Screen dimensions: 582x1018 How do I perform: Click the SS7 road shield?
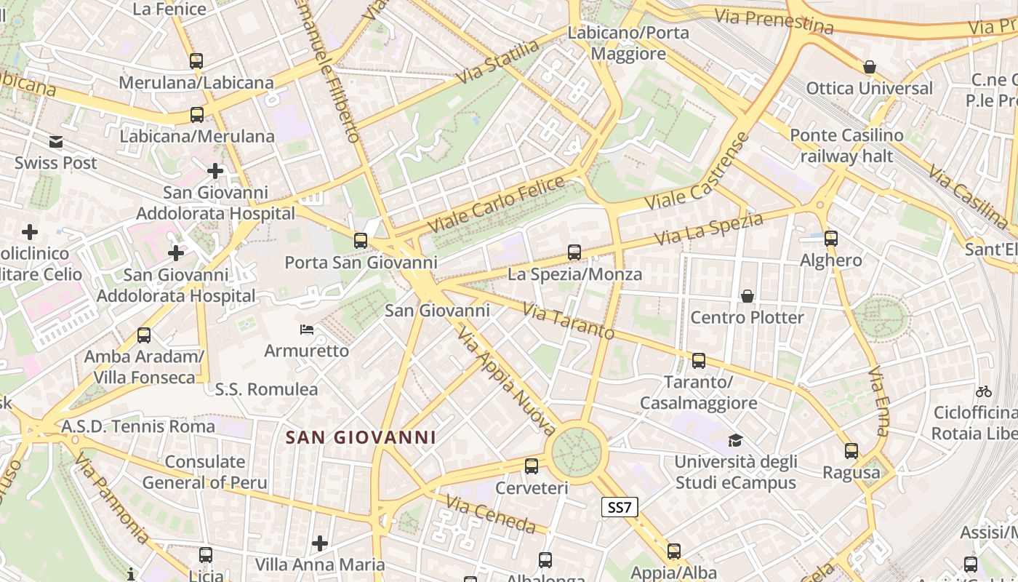point(620,507)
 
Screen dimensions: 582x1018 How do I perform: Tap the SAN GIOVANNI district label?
point(361,437)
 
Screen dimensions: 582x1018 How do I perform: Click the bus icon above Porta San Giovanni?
point(361,240)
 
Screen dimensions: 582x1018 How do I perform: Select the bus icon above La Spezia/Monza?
point(574,252)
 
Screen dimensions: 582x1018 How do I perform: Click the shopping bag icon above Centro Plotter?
point(747,296)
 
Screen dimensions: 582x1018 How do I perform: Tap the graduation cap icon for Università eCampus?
point(735,440)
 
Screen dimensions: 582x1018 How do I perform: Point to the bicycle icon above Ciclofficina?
point(984,391)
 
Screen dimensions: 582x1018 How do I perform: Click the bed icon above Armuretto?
point(307,330)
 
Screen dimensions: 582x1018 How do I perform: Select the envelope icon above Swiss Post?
point(56,142)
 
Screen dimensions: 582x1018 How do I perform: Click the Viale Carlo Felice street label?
point(497,204)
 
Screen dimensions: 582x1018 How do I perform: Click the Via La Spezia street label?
point(708,228)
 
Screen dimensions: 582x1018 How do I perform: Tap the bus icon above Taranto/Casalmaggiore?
point(699,360)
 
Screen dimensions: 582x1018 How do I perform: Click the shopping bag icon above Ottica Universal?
point(869,68)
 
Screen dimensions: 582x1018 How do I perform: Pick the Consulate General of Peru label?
point(204,471)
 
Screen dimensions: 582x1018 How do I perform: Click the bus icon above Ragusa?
point(851,451)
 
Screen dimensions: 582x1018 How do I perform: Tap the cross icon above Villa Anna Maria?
point(320,543)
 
